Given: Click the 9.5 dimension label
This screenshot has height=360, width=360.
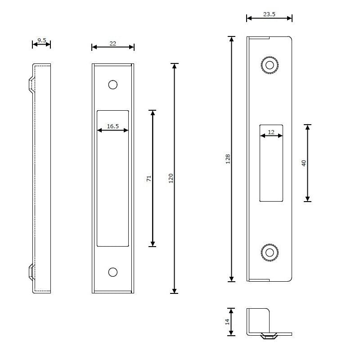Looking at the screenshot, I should coord(41,40).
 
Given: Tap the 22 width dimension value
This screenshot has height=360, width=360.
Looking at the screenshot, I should coord(112,43).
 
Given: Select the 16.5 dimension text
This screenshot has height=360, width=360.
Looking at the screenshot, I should coord(112,126).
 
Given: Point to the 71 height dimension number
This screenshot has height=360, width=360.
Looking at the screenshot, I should coord(149,178).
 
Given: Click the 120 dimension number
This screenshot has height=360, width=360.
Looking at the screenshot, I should coord(171,178).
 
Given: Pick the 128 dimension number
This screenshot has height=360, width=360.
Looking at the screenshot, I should coord(228,158).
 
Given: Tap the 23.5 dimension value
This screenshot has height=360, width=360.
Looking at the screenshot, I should coord(269,14).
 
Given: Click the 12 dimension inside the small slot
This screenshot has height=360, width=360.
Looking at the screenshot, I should coord(271,132).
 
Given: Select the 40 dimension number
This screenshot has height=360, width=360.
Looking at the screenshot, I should coord(304,163).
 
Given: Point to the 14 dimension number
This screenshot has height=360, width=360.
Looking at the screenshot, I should coord(227,322).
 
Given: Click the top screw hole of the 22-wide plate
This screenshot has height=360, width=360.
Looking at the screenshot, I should coord(112,84).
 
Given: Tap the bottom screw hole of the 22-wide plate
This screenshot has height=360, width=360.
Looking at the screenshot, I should coord(112,272).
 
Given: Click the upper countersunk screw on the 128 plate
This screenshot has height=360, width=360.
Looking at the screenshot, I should coord(270,65).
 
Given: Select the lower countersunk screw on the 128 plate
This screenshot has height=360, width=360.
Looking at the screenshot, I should coord(270,252).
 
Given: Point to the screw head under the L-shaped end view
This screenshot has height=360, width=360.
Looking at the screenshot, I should coord(269,336).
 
